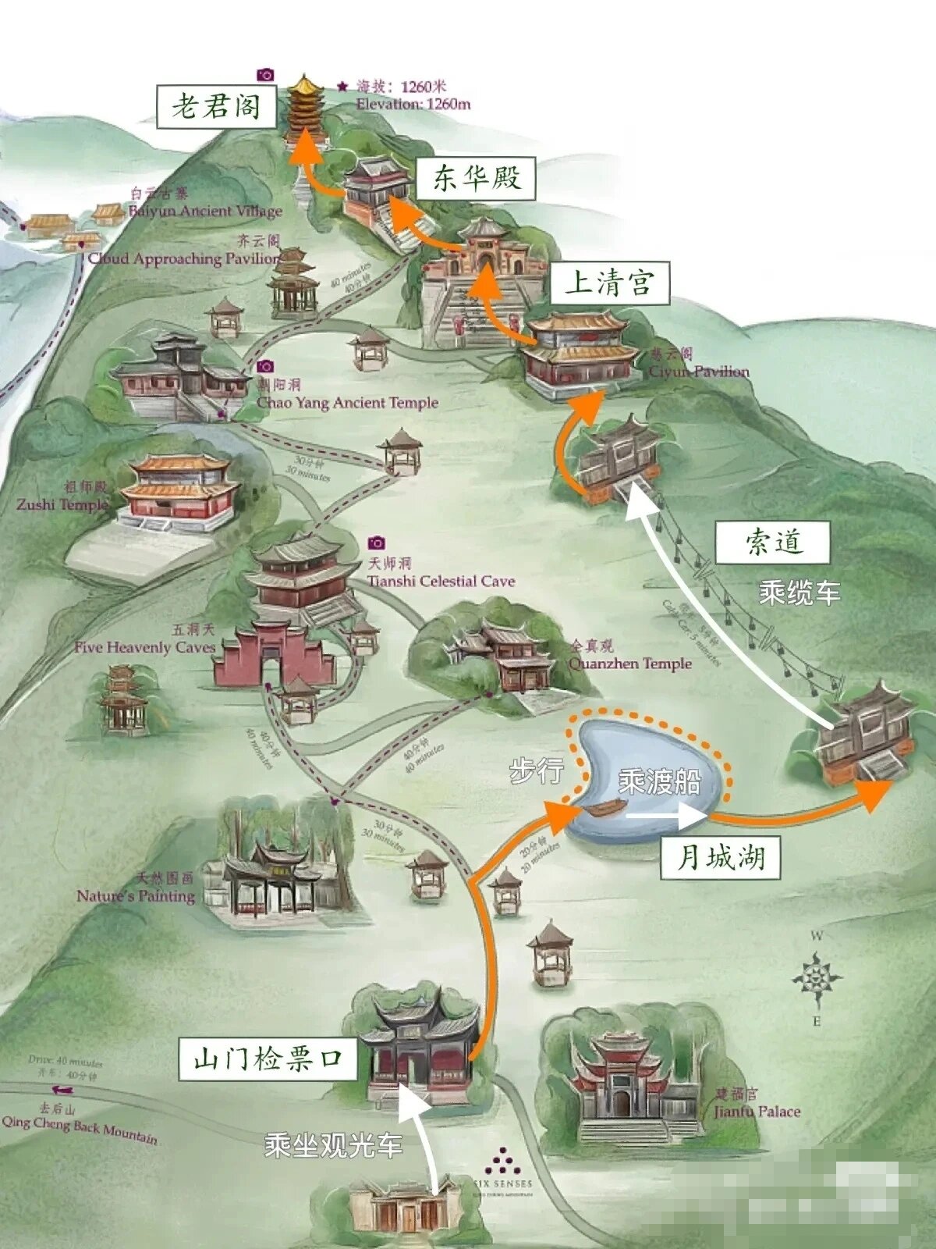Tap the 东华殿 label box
pos(477,179)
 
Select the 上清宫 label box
pos(610,283)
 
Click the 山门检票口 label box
pos(268,1059)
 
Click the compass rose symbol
pos(817,977)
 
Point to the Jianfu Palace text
pos(757,1112)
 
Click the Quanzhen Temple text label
pos(630,664)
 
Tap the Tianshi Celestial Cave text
pos(441,581)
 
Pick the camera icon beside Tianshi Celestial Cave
pos(376,543)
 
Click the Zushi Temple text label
pos(62,504)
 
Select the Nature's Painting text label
pos(136,895)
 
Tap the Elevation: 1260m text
pos(413,104)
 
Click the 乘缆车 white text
pos(799,593)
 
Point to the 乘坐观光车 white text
pos(333,1145)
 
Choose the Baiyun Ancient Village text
pos(205,211)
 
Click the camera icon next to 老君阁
pos(266,74)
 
